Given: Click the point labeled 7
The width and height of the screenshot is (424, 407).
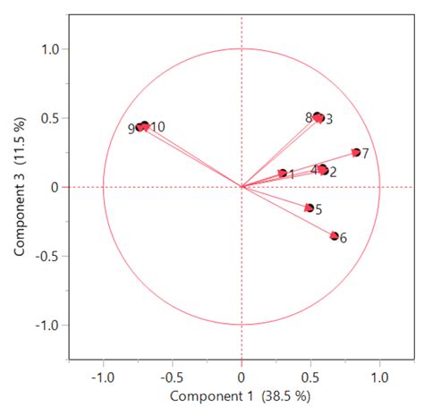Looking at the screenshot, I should click(x=355, y=153).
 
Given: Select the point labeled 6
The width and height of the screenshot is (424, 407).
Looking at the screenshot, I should click(x=335, y=236).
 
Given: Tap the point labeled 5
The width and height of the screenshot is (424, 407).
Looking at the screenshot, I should click(x=310, y=208).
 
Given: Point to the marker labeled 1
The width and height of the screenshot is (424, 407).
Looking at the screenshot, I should click(x=283, y=174).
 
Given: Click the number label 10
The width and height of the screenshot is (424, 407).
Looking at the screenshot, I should click(x=157, y=127).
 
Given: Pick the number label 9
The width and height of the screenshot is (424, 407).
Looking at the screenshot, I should click(x=131, y=129).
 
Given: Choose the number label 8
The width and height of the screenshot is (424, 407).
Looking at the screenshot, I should click(x=309, y=117).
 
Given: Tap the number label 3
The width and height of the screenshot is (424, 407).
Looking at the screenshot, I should click(x=329, y=119).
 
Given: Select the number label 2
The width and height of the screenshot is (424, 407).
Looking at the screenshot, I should click(x=333, y=172).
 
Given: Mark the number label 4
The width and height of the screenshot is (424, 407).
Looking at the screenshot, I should click(x=314, y=169).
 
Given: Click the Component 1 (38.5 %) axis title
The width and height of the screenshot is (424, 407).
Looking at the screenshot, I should click(x=241, y=394).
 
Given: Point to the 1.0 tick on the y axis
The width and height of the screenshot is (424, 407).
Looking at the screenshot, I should click(x=48, y=50).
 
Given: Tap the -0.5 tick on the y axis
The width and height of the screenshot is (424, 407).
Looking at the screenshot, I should click(x=46, y=256).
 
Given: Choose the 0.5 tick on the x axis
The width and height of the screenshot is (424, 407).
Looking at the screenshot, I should click(x=310, y=376).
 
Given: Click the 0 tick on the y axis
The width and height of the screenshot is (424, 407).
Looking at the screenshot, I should click(x=55, y=187).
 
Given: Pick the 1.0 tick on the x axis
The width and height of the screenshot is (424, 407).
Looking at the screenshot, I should click(x=379, y=376).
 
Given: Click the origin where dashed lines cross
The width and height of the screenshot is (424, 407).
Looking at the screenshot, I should click(x=242, y=187).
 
